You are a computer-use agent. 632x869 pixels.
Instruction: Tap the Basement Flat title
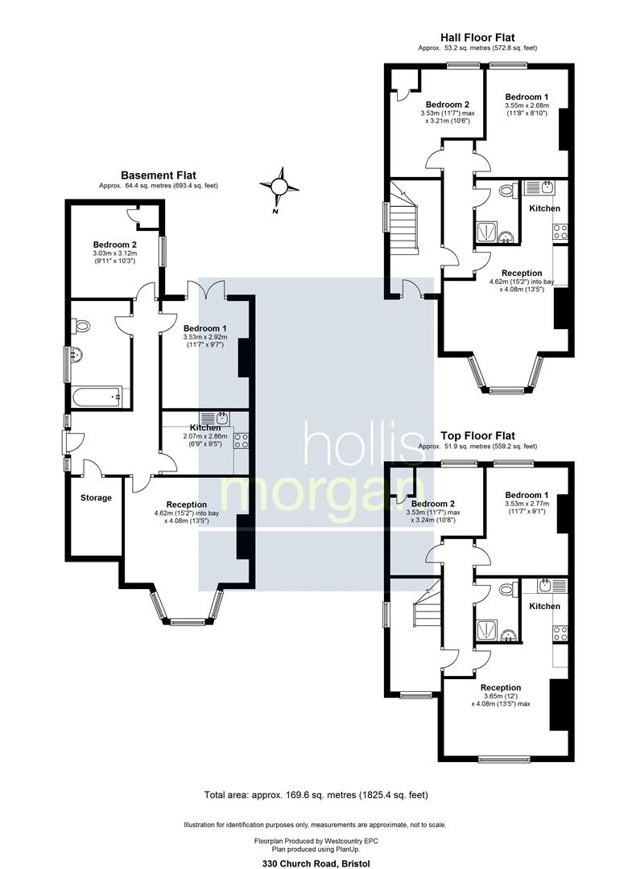(x=159, y=175)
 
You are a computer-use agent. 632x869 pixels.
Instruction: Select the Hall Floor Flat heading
(x=477, y=38)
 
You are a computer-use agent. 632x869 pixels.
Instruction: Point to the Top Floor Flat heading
(x=477, y=436)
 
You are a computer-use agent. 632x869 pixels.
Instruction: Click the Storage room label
(x=96, y=498)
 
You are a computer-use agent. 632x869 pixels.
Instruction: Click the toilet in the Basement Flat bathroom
(x=81, y=326)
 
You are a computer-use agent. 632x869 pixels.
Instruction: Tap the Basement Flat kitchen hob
(x=242, y=441)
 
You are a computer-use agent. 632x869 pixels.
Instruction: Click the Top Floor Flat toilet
(x=506, y=589)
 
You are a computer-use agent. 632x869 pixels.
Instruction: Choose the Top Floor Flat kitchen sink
(x=552, y=585)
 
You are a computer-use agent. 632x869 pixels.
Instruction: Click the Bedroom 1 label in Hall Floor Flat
(x=527, y=97)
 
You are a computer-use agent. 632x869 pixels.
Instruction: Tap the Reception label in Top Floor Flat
(x=501, y=688)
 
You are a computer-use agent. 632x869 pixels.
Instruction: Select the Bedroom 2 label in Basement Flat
(x=115, y=245)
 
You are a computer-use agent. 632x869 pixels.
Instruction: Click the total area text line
(x=316, y=795)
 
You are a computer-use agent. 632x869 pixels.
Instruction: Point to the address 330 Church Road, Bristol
(x=316, y=863)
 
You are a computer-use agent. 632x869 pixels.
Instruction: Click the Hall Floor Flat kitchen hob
(x=560, y=232)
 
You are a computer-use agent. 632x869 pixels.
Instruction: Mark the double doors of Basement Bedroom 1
(x=206, y=288)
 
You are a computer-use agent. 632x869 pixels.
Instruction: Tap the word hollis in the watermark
(x=364, y=443)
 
